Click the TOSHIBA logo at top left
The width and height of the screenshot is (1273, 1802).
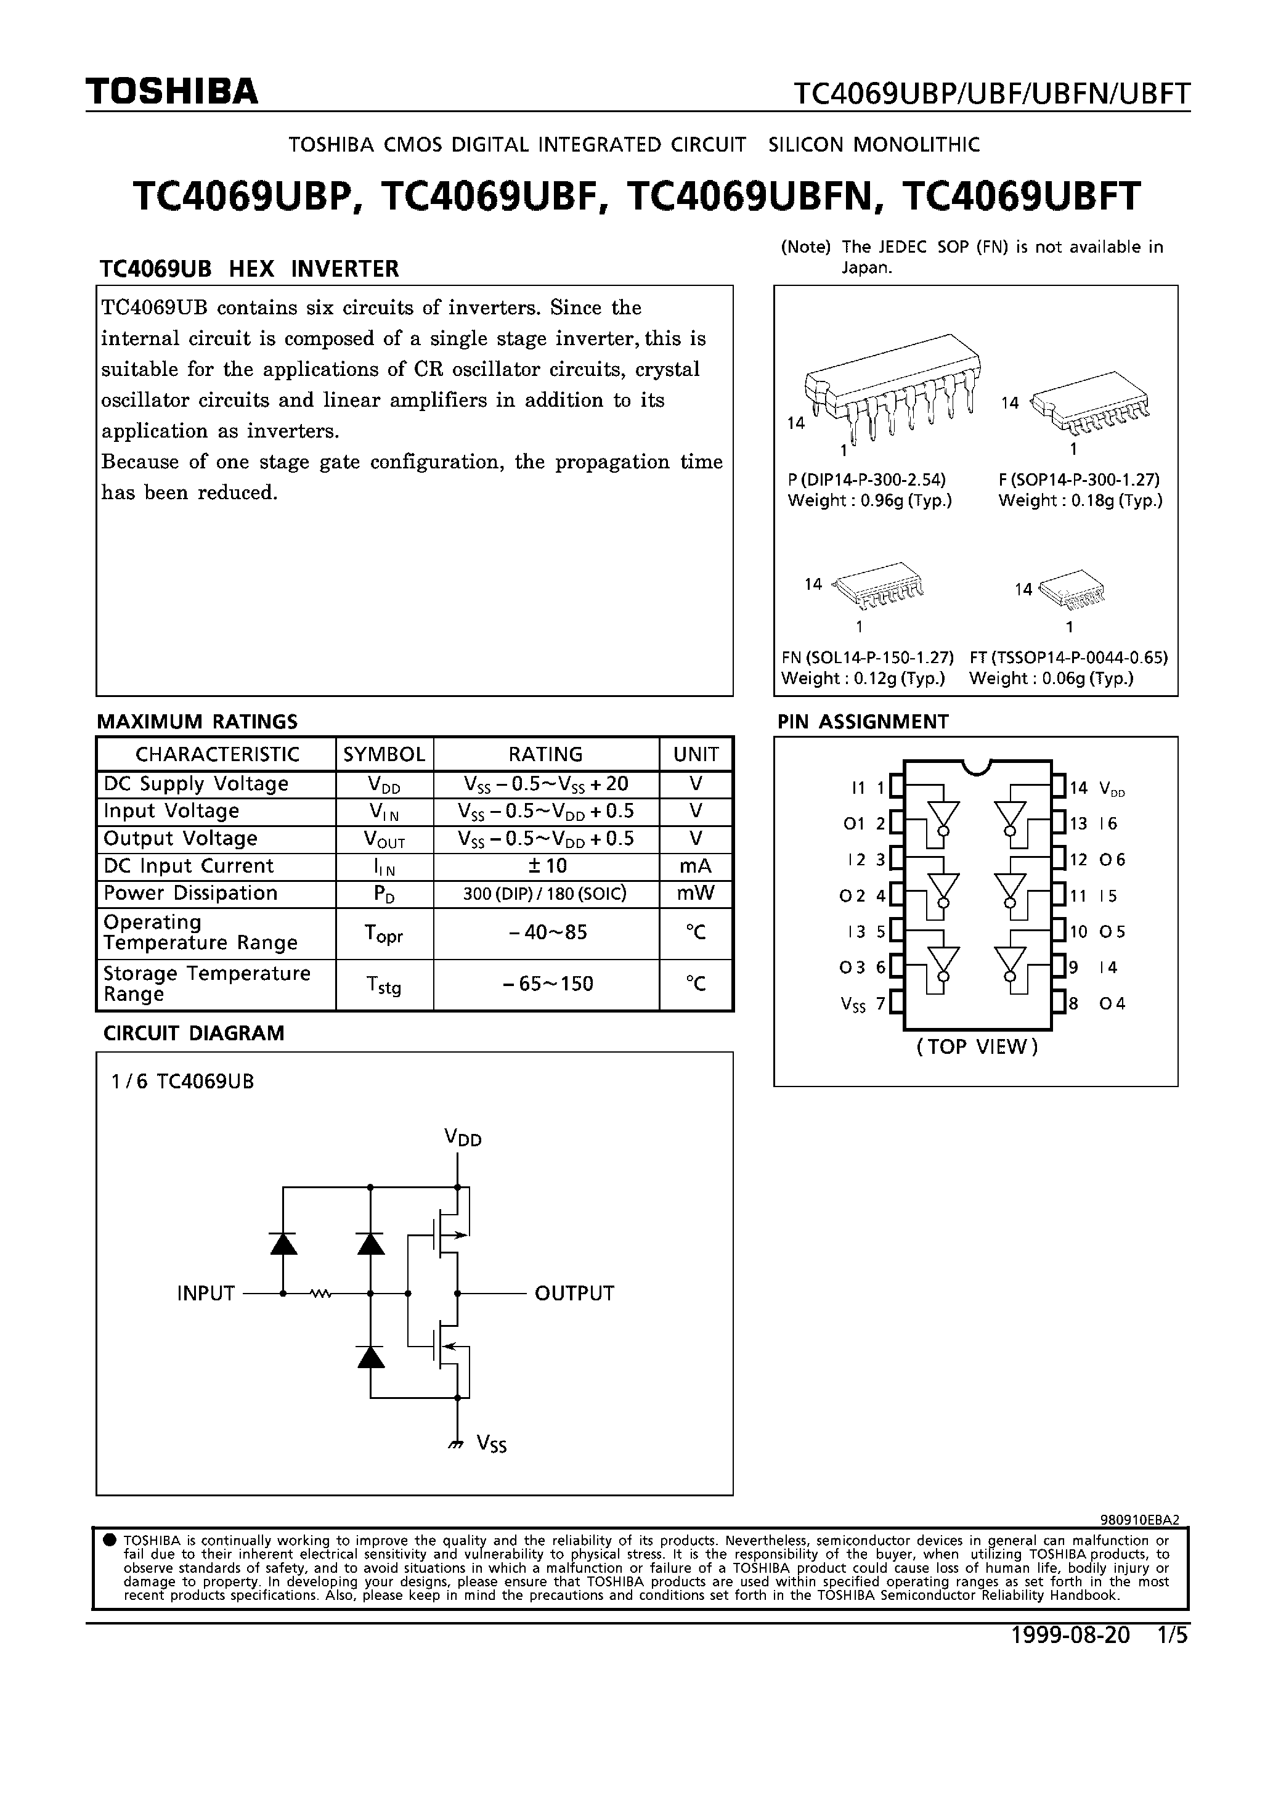pyautogui.click(x=172, y=92)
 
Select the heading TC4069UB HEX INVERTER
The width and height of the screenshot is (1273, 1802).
pyautogui.click(x=249, y=269)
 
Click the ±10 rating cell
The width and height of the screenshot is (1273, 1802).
pyautogui.click(x=547, y=866)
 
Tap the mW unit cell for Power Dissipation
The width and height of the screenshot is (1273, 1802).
pyautogui.click(x=696, y=893)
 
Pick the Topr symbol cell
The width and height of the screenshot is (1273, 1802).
pyautogui.click(x=384, y=933)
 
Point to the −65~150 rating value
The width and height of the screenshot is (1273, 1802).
pyautogui.click(x=547, y=984)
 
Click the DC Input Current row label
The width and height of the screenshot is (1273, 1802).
pyautogui.click(x=189, y=866)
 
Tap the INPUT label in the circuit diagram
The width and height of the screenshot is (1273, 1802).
pyautogui.click(x=206, y=1294)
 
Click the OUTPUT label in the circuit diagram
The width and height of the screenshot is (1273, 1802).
pyautogui.click(x=574, y=1294)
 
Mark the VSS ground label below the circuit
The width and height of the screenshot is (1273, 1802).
pyautogui.click(x=491, y=1443)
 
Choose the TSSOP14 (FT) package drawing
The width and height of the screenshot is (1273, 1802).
pyautogui.click(x=1072, y=589)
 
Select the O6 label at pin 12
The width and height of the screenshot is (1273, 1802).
pyautogui.click(x=1112, y=860)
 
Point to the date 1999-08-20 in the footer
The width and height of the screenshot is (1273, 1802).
pyautogui.click(x=1070, y=1635)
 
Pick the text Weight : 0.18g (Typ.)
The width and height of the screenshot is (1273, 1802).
pyautogui.click(x=1080, y=501)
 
